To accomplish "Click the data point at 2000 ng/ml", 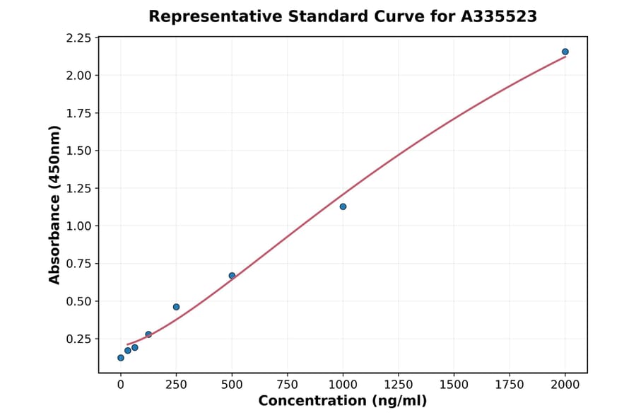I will [x=565, y=52].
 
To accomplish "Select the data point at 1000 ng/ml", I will [x=343, y=206].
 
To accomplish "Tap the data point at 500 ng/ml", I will [x=232, y=276].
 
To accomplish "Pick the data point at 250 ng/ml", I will [x=176, y=307].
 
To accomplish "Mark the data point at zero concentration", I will [x=121, y=358].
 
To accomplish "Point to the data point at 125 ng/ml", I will [x=148, y=334].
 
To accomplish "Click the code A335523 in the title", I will [x=500, y=16].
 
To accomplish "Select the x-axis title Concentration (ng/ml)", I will [x=342, y=402].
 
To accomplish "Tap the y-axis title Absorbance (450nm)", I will [x=55, y=205].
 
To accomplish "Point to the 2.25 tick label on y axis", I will [x=78, y=37].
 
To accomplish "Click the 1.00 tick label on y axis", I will [x=78, y=226].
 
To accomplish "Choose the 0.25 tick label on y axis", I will [x=78, y=339].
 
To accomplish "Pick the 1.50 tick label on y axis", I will [x=78, y=151].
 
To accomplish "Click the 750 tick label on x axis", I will [x=288, y=385].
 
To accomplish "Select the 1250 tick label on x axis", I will [x=399, y=385].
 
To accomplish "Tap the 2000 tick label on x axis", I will [x=565, y=385].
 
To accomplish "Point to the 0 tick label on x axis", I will [x=121, y=385].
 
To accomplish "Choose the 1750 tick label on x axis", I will [x=510, y=385].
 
